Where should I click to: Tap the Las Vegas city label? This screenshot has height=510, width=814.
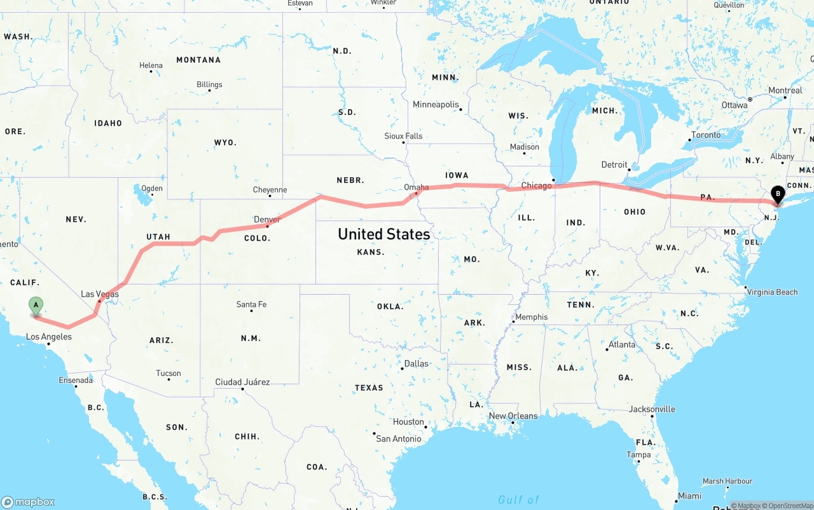pos(100,294)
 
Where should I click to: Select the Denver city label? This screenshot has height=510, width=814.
pos(267,220)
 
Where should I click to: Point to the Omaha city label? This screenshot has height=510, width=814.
pos(417,187)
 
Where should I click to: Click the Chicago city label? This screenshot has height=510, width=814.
pos(537,186)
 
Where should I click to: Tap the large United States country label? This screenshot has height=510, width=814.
pos(383,234)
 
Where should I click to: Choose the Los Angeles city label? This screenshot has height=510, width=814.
pos(48,337)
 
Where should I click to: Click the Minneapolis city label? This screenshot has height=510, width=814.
pos(436,104)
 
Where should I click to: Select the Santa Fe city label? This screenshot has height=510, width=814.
pos(251,304)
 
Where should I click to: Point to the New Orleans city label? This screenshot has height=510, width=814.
pos(513,416)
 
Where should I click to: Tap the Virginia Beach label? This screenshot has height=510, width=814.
pos(772,292)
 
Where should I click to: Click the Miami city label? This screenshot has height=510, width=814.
pos(689,495)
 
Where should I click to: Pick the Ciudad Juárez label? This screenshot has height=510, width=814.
pos(242,382)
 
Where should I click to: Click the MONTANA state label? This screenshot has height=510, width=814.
pos(198,60)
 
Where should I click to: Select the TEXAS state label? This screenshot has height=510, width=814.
pos(369,387)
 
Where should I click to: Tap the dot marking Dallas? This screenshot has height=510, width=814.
pos(403,368)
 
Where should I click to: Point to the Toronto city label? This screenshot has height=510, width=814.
pos(706,135)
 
